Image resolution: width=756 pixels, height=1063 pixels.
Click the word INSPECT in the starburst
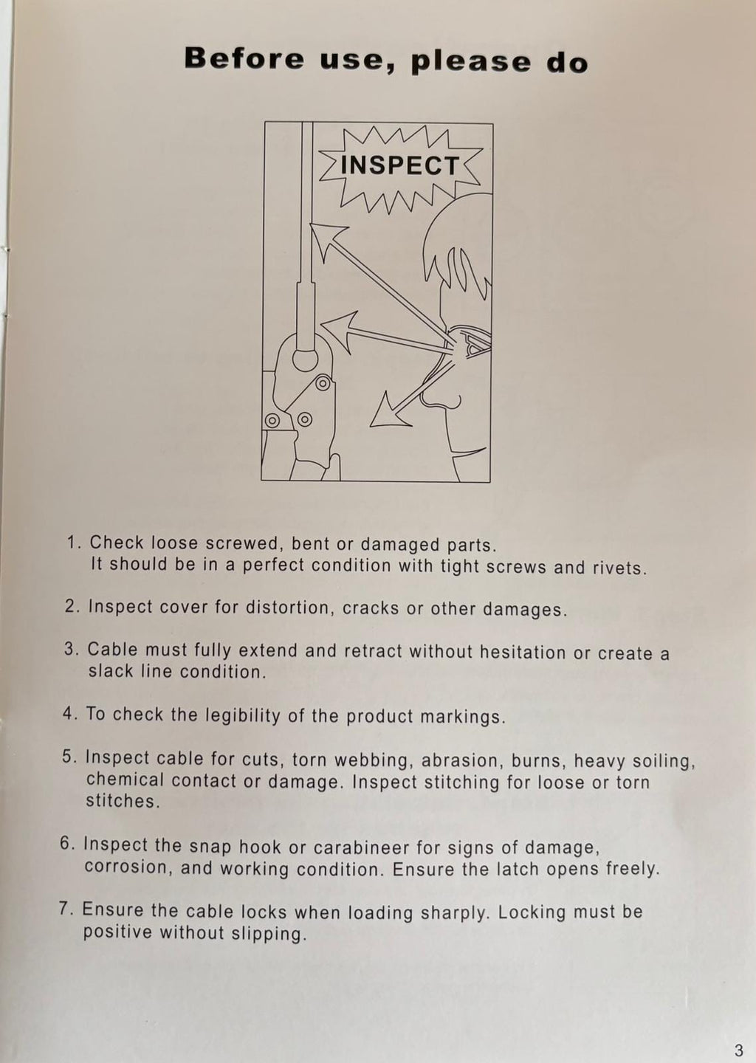tap(399, 165)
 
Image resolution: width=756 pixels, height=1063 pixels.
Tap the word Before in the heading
tap(244, 59)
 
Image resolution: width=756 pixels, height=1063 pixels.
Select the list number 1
tap(74, 543)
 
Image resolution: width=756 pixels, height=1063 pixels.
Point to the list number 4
tap(69, 715)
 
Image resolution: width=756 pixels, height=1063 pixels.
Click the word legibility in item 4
tap(242, 715)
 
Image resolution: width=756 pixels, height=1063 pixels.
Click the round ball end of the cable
tap(306, 360)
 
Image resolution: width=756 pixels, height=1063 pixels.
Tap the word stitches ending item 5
tap(121, 802)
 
